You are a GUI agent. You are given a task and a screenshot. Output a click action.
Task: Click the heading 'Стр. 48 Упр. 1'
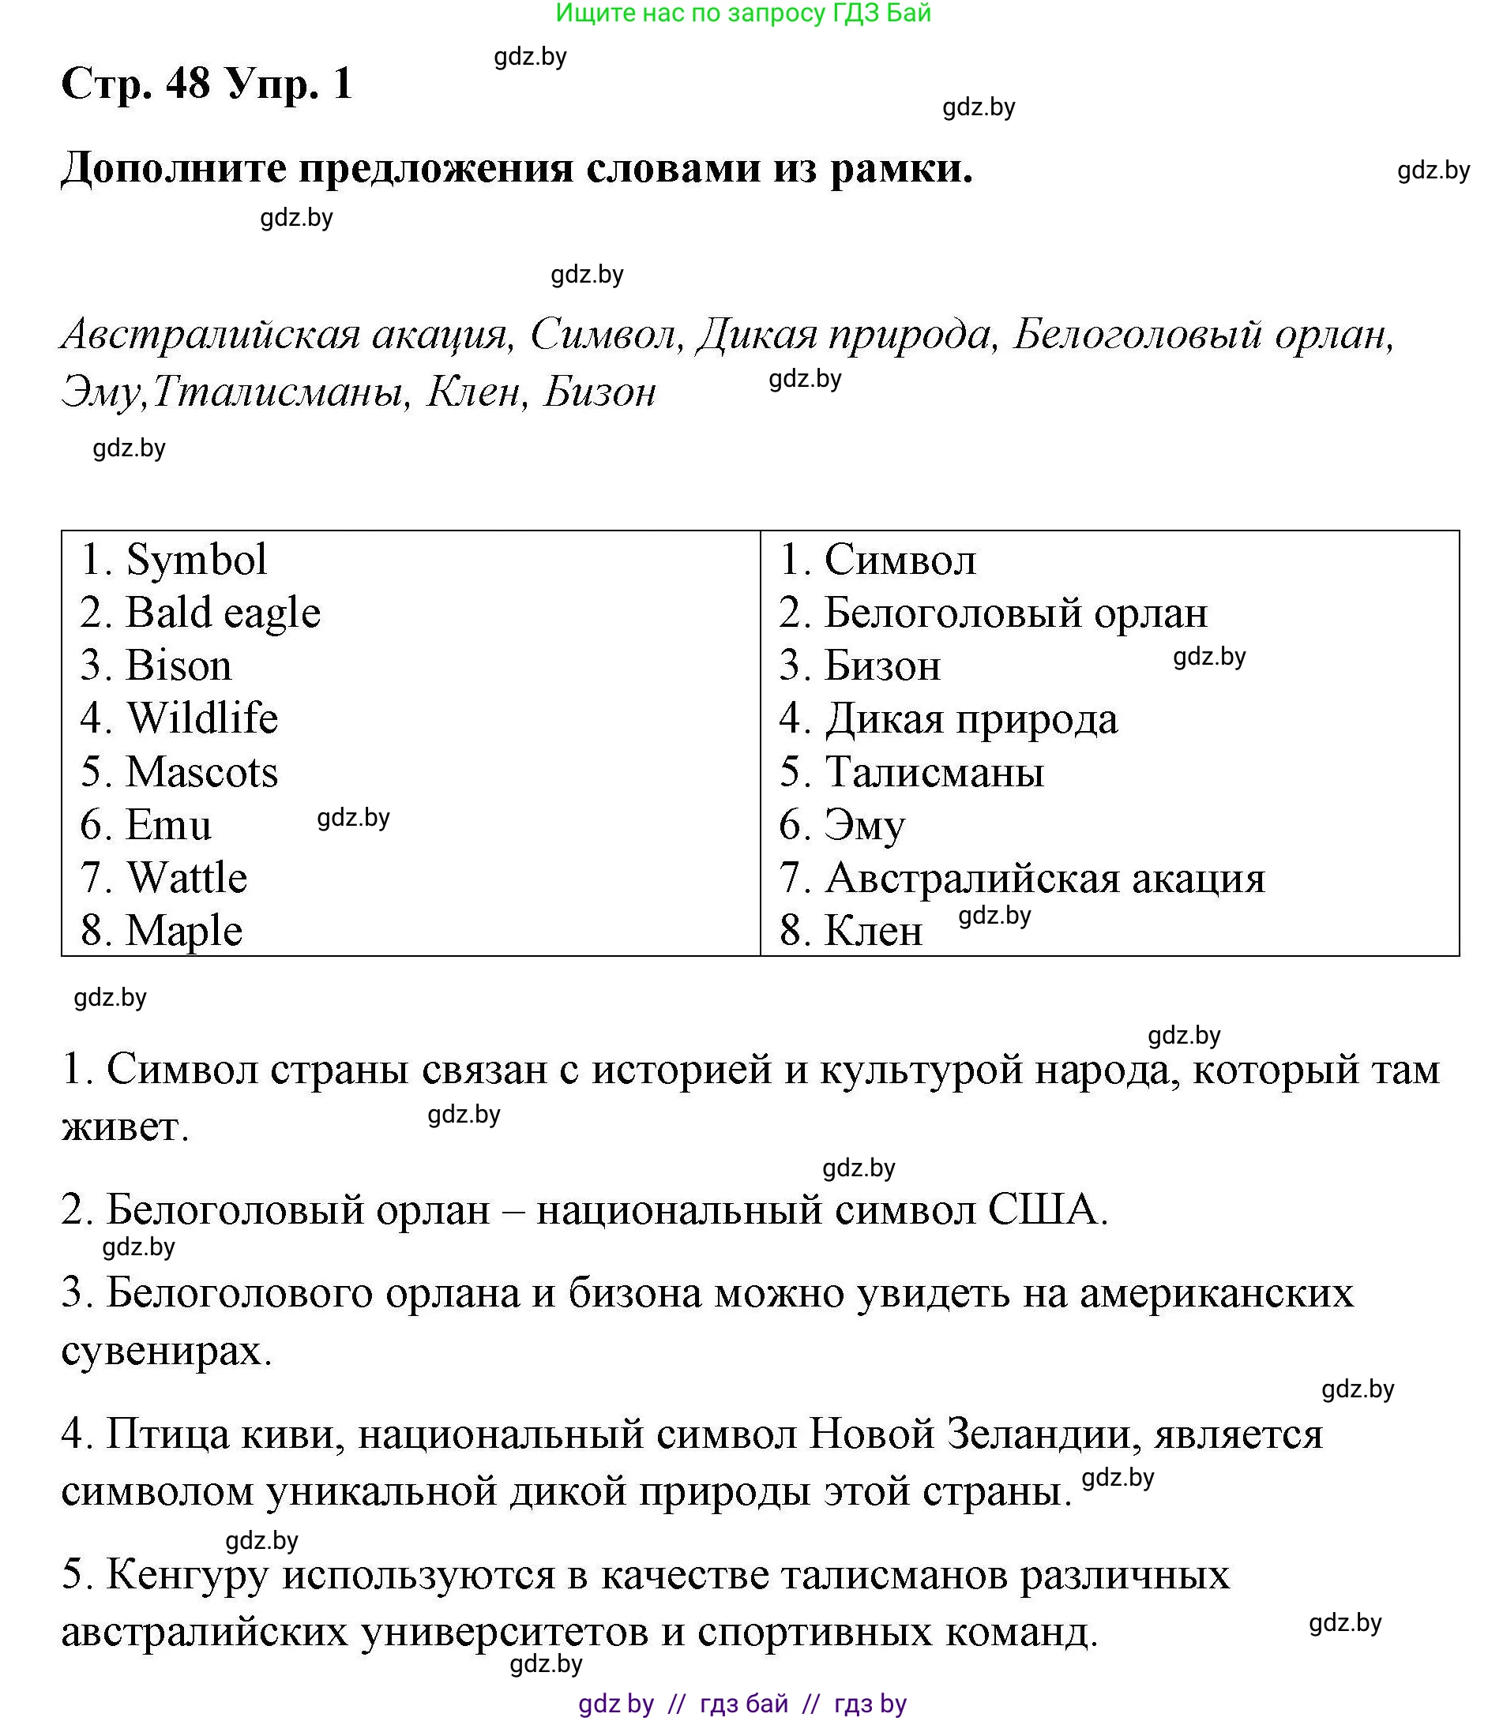(207, 84)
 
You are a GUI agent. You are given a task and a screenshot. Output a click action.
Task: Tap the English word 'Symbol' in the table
(196, 559)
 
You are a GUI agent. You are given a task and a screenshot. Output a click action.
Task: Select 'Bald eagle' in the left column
(223, 613)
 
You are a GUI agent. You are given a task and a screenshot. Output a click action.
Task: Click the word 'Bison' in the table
(178, 666)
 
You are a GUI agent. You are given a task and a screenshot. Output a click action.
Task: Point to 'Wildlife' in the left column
(202, 718)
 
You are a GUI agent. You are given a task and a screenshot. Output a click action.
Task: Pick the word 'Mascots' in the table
(201, 772)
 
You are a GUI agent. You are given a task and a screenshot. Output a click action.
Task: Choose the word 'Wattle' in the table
(187, 878)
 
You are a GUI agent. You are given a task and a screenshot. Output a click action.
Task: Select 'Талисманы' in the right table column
(934, 772)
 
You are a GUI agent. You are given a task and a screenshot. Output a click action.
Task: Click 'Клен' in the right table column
(874, 931)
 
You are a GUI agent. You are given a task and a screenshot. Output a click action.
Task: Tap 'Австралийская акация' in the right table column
(1044, 879)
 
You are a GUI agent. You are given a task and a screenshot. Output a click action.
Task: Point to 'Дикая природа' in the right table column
(971, 719)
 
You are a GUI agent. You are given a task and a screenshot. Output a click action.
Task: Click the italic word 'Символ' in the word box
(603, 336)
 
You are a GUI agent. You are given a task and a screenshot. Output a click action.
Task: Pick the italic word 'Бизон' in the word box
(599, 392)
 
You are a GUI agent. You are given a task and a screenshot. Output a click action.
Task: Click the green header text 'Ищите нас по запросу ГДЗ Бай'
(742, 13)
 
